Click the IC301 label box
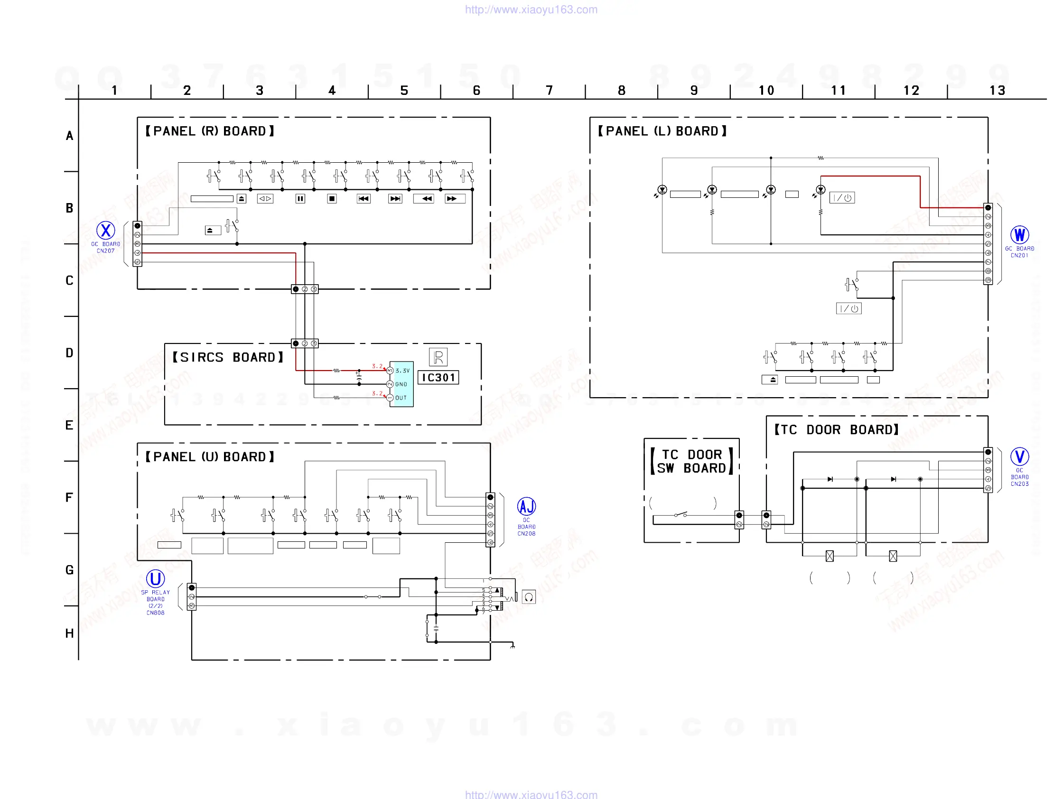438,378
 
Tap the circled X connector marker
106,231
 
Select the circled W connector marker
1019,235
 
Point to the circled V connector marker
1019,456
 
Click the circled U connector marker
155,579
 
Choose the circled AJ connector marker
526,506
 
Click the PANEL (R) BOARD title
210,131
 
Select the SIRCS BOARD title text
228,357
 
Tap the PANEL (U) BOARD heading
210,457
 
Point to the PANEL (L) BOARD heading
662,131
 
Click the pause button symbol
300,198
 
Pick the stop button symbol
332,198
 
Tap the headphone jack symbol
529,597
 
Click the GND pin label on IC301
401,384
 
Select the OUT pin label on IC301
401,398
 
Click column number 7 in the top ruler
549,90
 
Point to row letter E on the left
70,425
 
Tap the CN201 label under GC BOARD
1019,256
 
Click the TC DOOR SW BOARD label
691,462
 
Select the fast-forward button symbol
452,198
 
